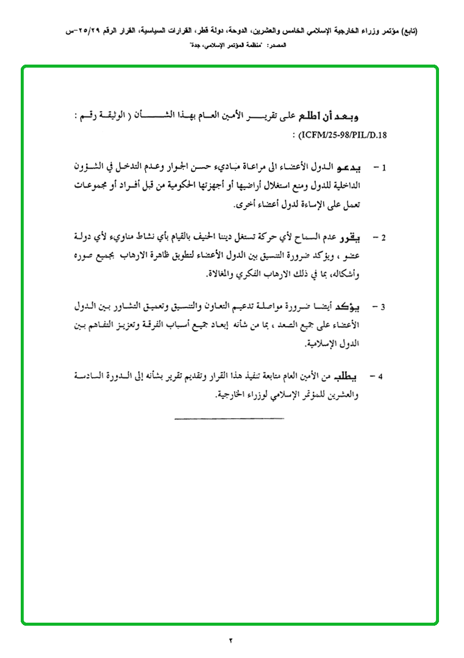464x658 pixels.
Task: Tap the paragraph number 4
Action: point(380,377)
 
